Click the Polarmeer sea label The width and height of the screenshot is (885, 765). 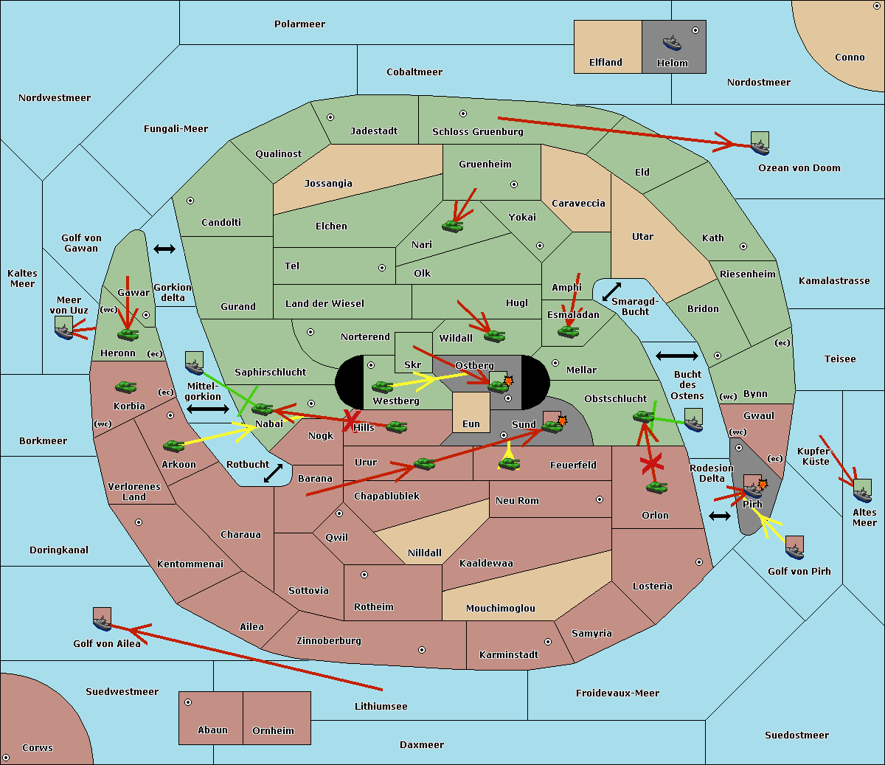point(299,24)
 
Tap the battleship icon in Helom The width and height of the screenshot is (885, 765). point(672,43)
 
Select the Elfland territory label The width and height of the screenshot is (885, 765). point(605,63)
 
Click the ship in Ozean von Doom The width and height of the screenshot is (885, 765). point(760,143)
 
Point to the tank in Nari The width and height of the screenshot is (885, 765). point(452,225)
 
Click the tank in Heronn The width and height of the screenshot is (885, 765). point(128,334)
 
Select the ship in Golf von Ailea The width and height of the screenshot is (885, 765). point(102,619)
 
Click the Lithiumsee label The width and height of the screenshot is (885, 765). point(381,707)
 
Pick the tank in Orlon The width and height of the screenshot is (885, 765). point(656,488)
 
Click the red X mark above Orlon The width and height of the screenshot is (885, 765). point(650,464)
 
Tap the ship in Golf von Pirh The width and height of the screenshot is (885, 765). point(794,547)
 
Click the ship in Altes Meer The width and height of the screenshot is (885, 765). point(862,490)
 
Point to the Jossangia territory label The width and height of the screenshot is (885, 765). point(328,184)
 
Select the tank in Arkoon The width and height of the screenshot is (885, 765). point(173,446)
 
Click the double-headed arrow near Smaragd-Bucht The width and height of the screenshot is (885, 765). point(611,291)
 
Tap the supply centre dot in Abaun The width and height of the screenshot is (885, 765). point(188,702)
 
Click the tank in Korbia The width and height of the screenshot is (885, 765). point(125,387)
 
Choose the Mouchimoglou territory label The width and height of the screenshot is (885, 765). point(500,609)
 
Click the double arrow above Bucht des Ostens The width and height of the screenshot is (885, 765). point(676,356)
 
